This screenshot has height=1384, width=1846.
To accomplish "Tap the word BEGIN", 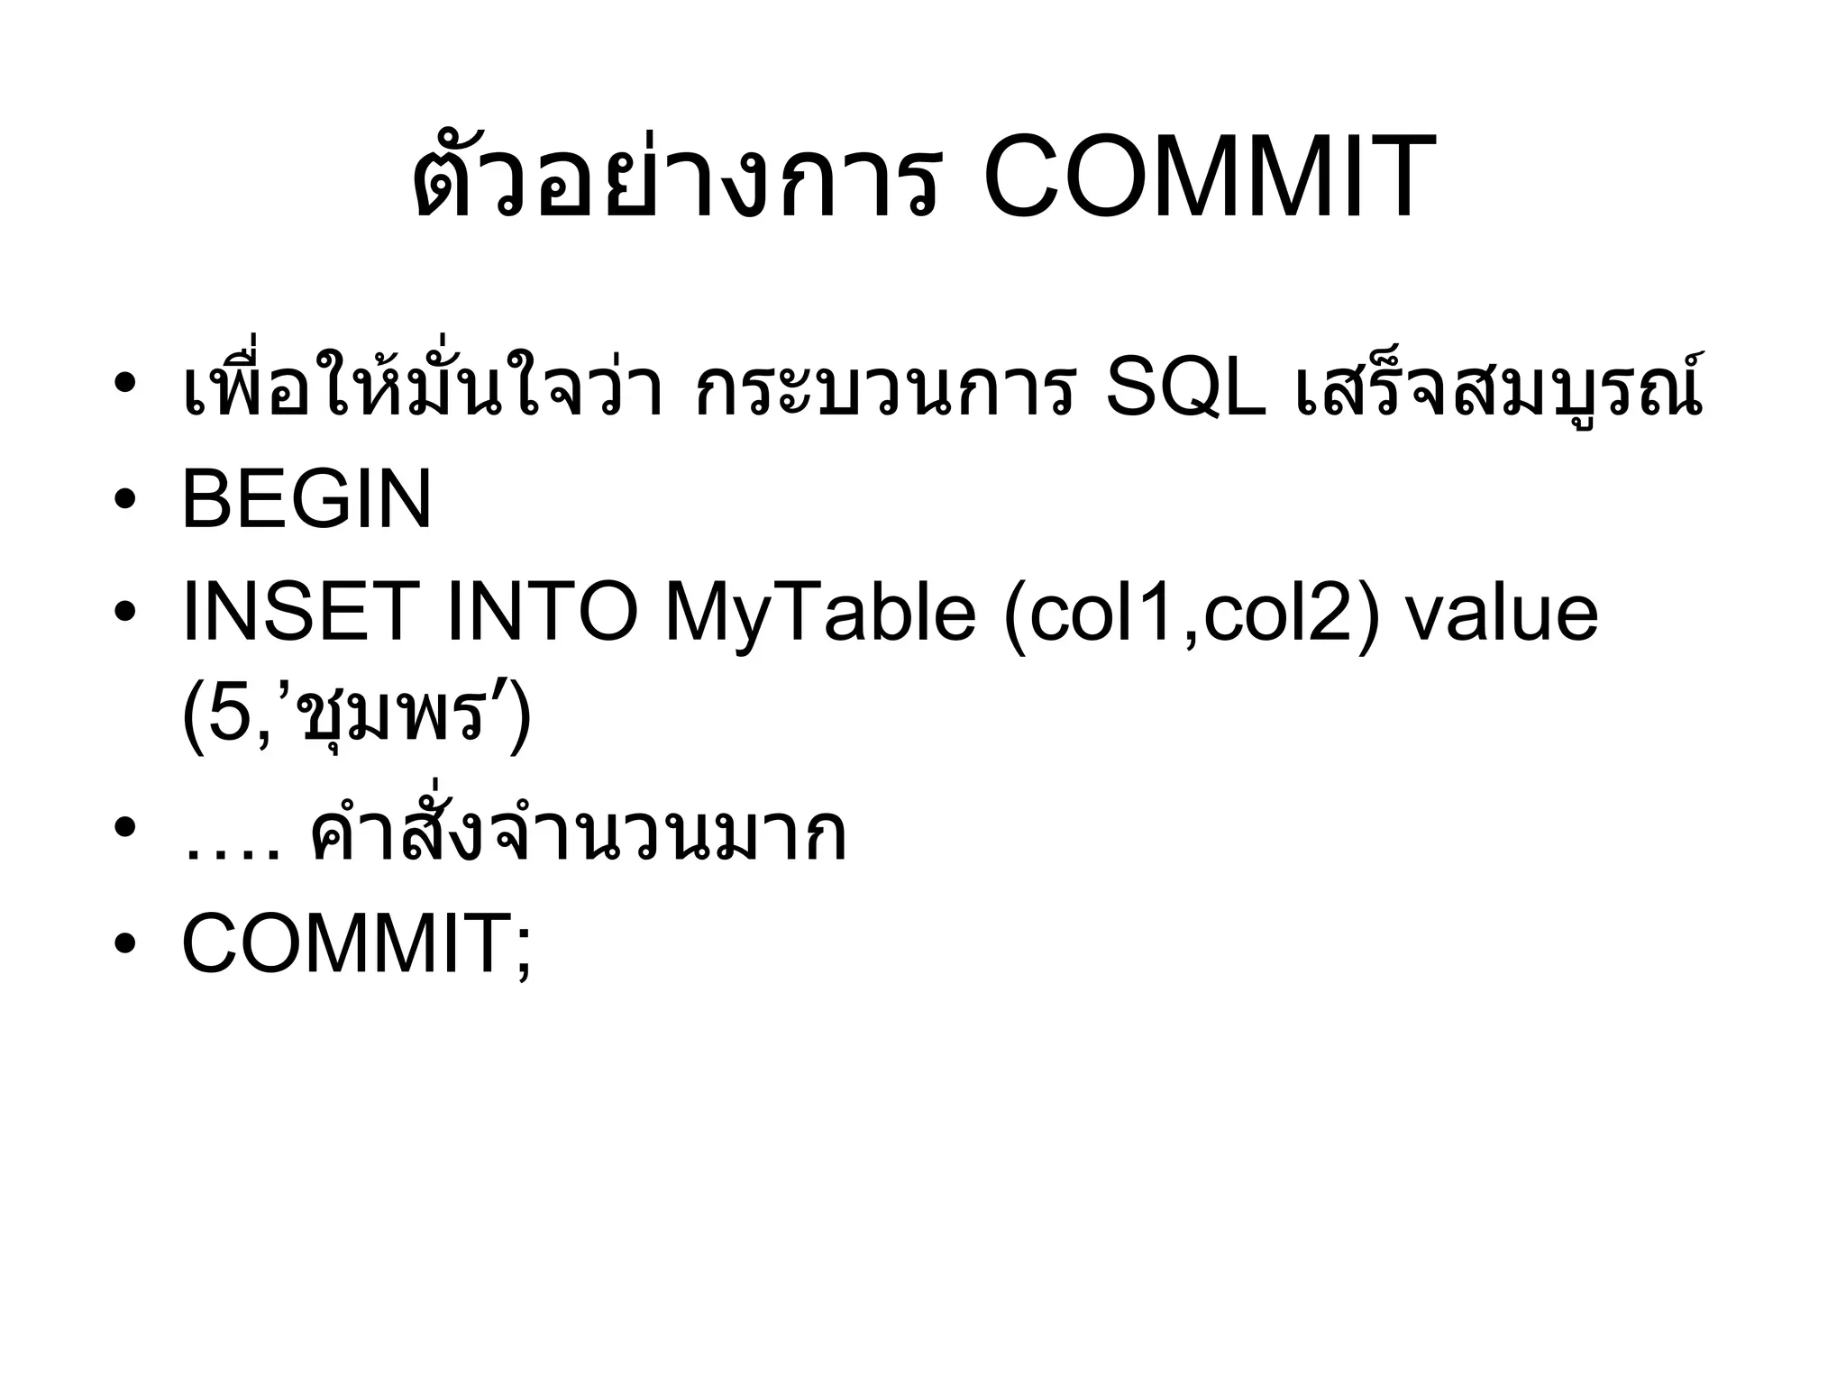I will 306,500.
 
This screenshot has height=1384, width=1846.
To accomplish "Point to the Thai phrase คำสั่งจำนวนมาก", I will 577,834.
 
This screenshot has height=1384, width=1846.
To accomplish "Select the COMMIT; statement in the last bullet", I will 357,944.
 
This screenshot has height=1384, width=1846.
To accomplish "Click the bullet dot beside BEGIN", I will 126,500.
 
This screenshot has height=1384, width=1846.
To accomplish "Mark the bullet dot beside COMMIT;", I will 126,944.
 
